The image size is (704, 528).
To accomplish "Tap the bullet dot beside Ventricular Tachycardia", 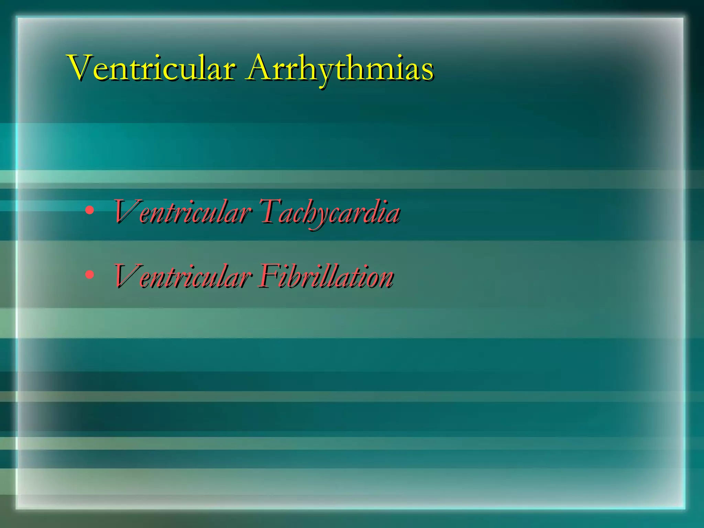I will point(89,210).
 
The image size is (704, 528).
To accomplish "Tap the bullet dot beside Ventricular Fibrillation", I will point(89,274).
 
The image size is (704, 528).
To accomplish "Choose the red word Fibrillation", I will point(326,276).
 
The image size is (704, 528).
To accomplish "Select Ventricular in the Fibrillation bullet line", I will point(182,276).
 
